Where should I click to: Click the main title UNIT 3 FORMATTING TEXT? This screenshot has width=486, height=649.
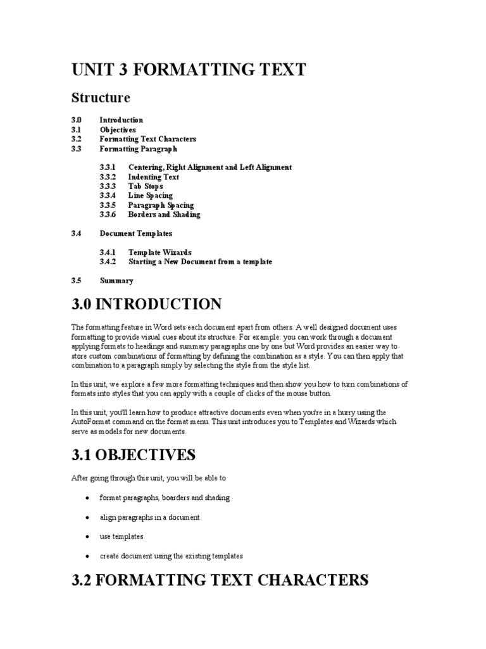[189, 70]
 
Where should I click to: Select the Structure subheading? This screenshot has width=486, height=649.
[101, 98]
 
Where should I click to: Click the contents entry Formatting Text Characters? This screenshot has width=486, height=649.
[148, 139]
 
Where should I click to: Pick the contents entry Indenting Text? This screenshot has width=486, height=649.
[154, 177]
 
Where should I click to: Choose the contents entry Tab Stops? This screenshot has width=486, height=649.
[146, 186]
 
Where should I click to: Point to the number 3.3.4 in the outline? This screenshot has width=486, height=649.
[108, 196]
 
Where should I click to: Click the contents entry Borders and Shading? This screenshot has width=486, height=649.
[164, 214]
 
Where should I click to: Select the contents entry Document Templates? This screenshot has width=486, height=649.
[136, 233]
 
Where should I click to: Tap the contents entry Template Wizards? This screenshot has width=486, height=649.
[159, 252]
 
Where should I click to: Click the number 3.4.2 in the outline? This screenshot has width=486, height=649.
[108, 261]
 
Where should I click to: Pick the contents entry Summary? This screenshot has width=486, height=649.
[116, 280]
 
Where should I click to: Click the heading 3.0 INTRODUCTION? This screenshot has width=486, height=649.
[147, 304]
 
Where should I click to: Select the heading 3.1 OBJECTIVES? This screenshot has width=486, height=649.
[134, 455]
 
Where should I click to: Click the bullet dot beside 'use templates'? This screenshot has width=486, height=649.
[86, 537]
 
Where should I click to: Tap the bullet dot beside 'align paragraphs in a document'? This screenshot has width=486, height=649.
[86, 518]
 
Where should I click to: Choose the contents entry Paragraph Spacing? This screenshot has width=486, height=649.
[161, 205]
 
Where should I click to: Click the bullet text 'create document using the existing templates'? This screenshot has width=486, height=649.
[171, 556]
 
